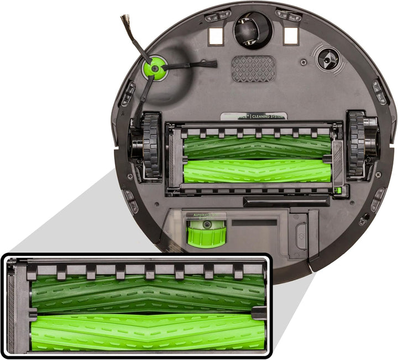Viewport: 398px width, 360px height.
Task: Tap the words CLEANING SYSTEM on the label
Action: coord(268,117)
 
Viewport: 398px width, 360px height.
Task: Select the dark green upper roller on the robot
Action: coord(256,146)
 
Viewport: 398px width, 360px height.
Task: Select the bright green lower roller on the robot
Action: coord(256,171)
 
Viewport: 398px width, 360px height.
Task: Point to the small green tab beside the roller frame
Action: coord(338,190)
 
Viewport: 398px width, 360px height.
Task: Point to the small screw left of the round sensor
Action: coord(303,58)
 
